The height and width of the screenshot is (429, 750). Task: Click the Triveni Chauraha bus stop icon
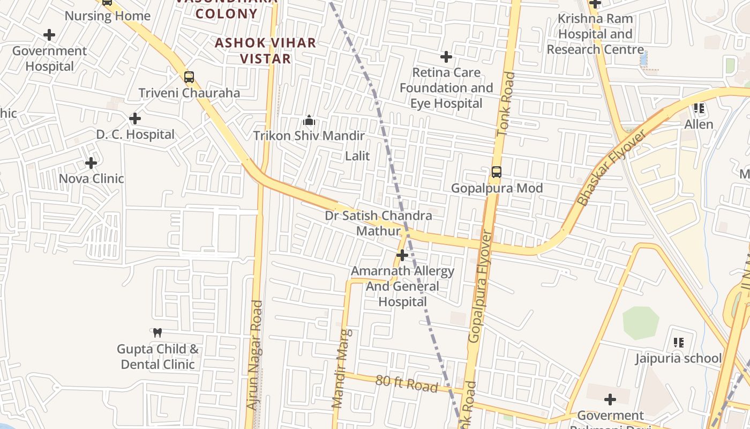tap(189, 77)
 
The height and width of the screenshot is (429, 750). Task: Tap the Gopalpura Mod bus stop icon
tap(497, 172)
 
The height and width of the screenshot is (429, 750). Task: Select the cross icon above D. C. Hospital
tap(135, 118)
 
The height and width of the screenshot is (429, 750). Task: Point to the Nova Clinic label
tap(91, 179)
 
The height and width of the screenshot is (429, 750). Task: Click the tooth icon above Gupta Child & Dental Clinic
tap(157, 333)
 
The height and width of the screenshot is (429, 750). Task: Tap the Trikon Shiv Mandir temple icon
tap(309, 120)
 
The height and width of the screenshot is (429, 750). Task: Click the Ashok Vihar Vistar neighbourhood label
tap(265, 50)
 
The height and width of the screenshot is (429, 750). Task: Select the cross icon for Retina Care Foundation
tap(446, 56)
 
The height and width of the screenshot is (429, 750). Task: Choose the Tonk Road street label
tap(506, 103)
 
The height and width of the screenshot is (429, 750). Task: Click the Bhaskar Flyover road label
tap(612, 167)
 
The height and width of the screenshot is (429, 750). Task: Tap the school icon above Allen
tap(699, 108)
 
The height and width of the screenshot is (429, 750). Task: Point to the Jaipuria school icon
tap(679, 342)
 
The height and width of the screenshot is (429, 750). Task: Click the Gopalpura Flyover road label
tap(479, 287)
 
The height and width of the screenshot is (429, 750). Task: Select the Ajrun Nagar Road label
tap(255, 356)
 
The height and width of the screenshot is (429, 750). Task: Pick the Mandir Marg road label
tap(342, 368)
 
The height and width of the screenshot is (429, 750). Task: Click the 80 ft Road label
tap(407, 383)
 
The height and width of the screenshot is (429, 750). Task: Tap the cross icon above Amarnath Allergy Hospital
tap(402, 255)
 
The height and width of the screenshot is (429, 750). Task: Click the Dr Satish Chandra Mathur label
tap(379, 223)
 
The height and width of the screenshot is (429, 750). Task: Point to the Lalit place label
tap(357, 156)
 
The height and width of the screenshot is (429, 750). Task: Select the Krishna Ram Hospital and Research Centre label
tap(595, 34)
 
